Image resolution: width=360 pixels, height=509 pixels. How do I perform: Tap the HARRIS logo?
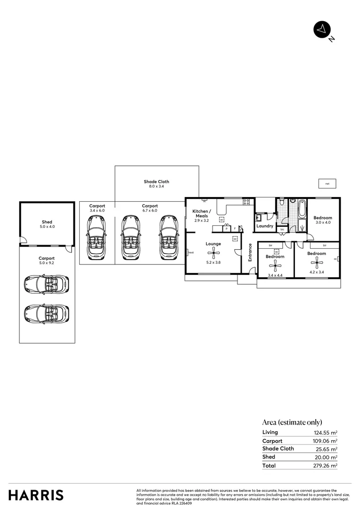(x=36, y=495)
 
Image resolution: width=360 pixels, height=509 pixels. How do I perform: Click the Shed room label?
(x=47, y=222)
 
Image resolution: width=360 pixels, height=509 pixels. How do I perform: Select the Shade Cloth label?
(x=156, y=181)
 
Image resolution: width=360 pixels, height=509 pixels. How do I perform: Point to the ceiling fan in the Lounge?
(x=213, y=253)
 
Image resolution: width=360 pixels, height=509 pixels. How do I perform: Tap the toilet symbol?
(x=281, y=203)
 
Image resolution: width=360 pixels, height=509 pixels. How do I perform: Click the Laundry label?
(x=265, y=226)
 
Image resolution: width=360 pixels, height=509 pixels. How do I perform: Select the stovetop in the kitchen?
(x=246, y=202)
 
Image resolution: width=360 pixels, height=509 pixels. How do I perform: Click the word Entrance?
(x=250, y=252)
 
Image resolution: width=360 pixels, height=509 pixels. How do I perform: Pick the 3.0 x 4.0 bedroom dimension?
(x=323, y=222)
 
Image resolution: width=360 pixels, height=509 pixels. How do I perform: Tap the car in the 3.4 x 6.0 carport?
(x=97, y=238)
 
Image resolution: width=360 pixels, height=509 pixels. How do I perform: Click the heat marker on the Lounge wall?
(x=191, y=253)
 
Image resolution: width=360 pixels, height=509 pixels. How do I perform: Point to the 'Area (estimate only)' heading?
(x=292, y=422)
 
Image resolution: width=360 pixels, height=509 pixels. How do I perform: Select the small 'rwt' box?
(x=327, y=183)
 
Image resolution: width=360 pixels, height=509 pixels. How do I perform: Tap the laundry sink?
(x=259, y=218)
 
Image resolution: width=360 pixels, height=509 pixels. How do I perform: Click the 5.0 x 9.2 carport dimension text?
(x=47, y=263)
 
